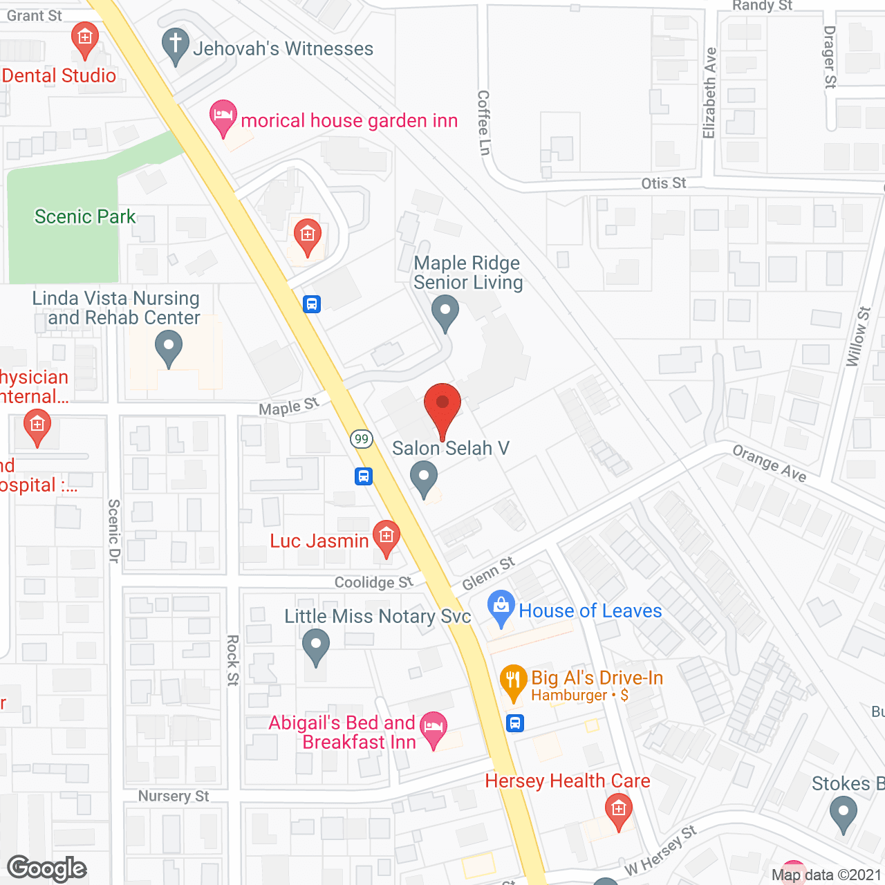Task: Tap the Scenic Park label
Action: pyautogui.click(x=85, y=216)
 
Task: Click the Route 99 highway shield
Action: pyautogui.click(x=361, y=438)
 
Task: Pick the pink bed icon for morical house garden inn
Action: pyautogui.click(x=223, y=115)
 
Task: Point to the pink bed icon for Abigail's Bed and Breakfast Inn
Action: pyautogui.click(x=434, y=727)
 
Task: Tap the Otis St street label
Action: pyautogui.click(x=663, y=183)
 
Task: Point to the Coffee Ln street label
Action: pyautogui.click(x=484, y=122)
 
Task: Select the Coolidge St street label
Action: pyautogui.click(x=373, y=582)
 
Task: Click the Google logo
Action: pyautogui.click(x=46, y=868)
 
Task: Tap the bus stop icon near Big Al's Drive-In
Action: pyautogui.click(x=515, y=723)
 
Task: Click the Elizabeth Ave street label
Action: pyautogui.click(x=709, y=93)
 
